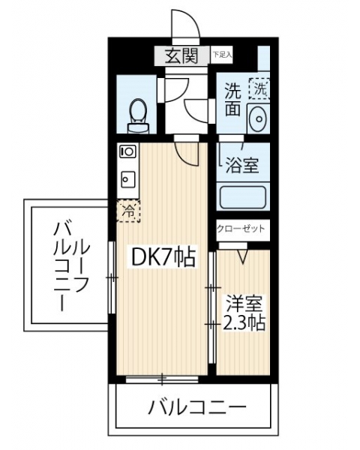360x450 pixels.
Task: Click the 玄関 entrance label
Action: [181, 55]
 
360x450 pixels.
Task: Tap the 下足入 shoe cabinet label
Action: [222, 54]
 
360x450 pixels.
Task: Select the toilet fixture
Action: [139, 116]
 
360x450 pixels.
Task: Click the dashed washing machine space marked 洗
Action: [259, 88]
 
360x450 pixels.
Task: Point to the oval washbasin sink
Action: [259, 118]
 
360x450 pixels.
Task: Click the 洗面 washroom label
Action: [232, 99]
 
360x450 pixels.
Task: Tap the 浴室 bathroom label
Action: [242, 165]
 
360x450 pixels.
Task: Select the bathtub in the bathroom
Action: [243, 197]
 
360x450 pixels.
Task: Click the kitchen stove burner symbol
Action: [127, 151]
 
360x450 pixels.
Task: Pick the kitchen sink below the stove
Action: [127, 179]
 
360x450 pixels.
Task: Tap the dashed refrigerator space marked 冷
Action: [128, 211]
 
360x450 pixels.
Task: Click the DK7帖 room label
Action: [163, 256]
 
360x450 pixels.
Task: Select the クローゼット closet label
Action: [241, 229]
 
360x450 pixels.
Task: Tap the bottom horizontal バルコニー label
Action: [197, 407]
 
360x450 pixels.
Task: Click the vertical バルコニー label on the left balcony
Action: [71, 265]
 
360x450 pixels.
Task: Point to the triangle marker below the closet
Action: [243, 256]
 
